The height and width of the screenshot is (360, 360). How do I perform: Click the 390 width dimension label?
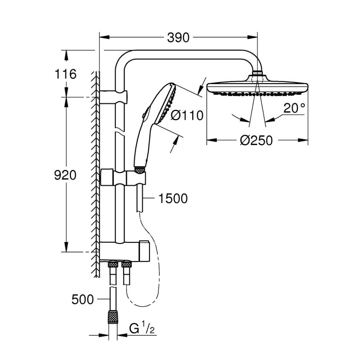178,37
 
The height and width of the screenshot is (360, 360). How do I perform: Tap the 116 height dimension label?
66,74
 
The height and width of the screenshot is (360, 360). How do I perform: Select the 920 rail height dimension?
65,175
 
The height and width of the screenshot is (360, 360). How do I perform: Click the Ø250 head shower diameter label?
256,140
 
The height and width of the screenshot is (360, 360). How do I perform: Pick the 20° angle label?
294,108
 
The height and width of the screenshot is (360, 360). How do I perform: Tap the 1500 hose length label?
173,198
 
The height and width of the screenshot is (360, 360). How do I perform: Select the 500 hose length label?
83,300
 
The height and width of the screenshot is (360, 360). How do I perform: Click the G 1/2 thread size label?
142,328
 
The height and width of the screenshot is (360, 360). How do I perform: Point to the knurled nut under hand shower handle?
140,170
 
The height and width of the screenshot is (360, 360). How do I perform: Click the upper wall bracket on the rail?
113,97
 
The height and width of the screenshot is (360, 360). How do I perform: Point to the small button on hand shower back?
143,116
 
